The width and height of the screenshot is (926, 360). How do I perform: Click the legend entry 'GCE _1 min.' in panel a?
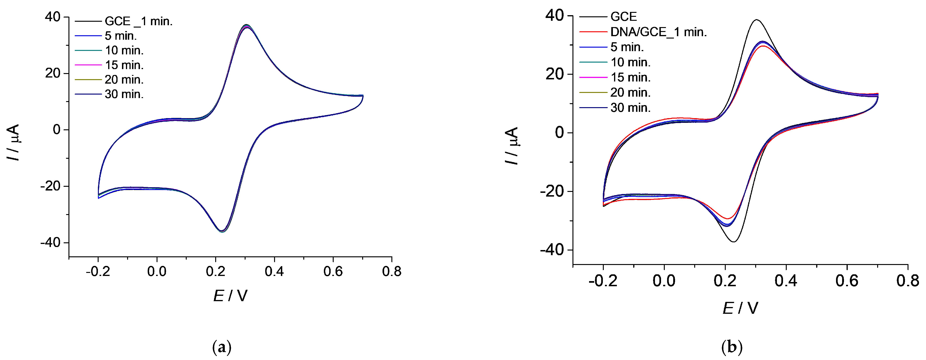(x=138, y=21)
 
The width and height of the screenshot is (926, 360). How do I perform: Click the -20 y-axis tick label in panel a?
(x=50, y=187)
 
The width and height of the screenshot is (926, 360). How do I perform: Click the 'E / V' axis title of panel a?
(x=230, y=296)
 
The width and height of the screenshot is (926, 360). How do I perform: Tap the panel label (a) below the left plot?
(x=222, y=348)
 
